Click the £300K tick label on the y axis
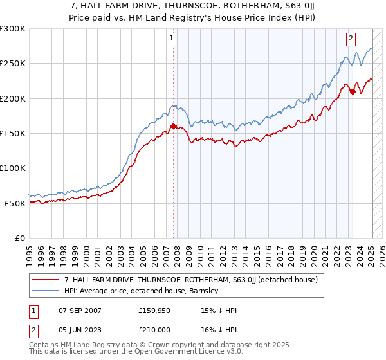13,29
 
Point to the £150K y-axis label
13,133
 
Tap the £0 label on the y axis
20,238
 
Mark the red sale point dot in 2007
173,127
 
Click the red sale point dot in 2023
353,92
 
